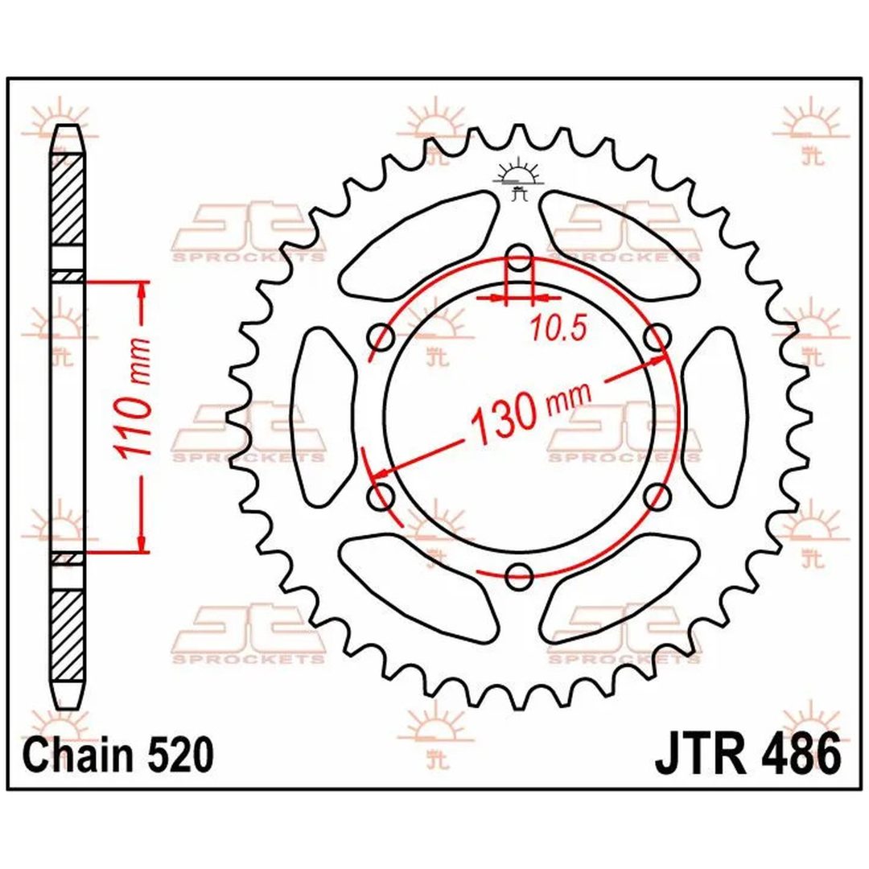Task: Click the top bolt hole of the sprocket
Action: coord(519,257)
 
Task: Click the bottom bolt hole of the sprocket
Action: coord(519,576)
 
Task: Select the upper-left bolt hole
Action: coord(381,337)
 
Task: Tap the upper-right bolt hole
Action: coord(658,337)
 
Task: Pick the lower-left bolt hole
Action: coord(381,496)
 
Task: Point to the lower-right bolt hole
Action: coord(658,496)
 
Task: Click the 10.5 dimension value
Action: coord(558,329)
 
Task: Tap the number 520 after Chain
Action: coord(181,755)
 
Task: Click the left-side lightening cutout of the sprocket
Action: coord(323,417)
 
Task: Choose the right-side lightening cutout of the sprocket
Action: coord(715,417)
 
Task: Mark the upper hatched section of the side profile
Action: coord(67,200)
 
